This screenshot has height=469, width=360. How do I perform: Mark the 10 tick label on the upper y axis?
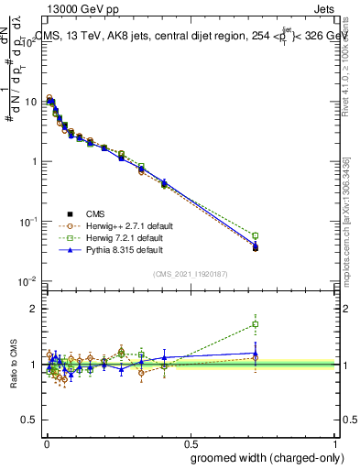coord(30,102)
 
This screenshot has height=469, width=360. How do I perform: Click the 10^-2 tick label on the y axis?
coord(27,280)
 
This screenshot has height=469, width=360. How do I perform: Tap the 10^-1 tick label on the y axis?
coord(27,221)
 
